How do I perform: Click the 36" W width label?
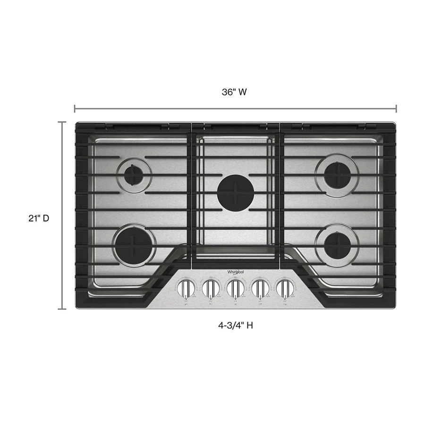coord(235,93)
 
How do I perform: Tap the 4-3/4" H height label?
coord(234,325)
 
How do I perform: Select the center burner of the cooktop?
coord(236,192)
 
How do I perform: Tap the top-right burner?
coord(337,175)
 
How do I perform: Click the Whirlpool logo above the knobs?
coord(236,272)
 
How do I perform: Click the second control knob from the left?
coord(211,287)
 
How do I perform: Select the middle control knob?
coord(235,287)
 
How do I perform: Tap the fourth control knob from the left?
coord(260,287)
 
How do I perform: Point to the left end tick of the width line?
coord(75,109)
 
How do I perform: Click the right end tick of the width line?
coord(396,109)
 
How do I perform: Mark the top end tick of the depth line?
coord(62,122)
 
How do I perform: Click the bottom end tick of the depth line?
coord(62,309)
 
